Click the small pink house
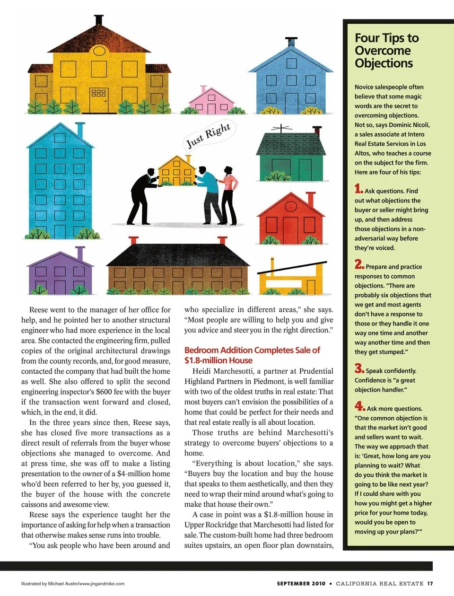(210, 102)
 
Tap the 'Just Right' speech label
(208, 135)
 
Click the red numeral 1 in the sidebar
(358, 189)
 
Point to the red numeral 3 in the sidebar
(359, 368)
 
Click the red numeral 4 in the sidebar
(359, 406)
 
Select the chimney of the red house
(310, 198)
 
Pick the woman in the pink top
(229, 194)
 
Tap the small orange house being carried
(176, 171)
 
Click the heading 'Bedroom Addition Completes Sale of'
(252, 351)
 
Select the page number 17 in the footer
(429, 584)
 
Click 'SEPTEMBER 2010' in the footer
(301, 584)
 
